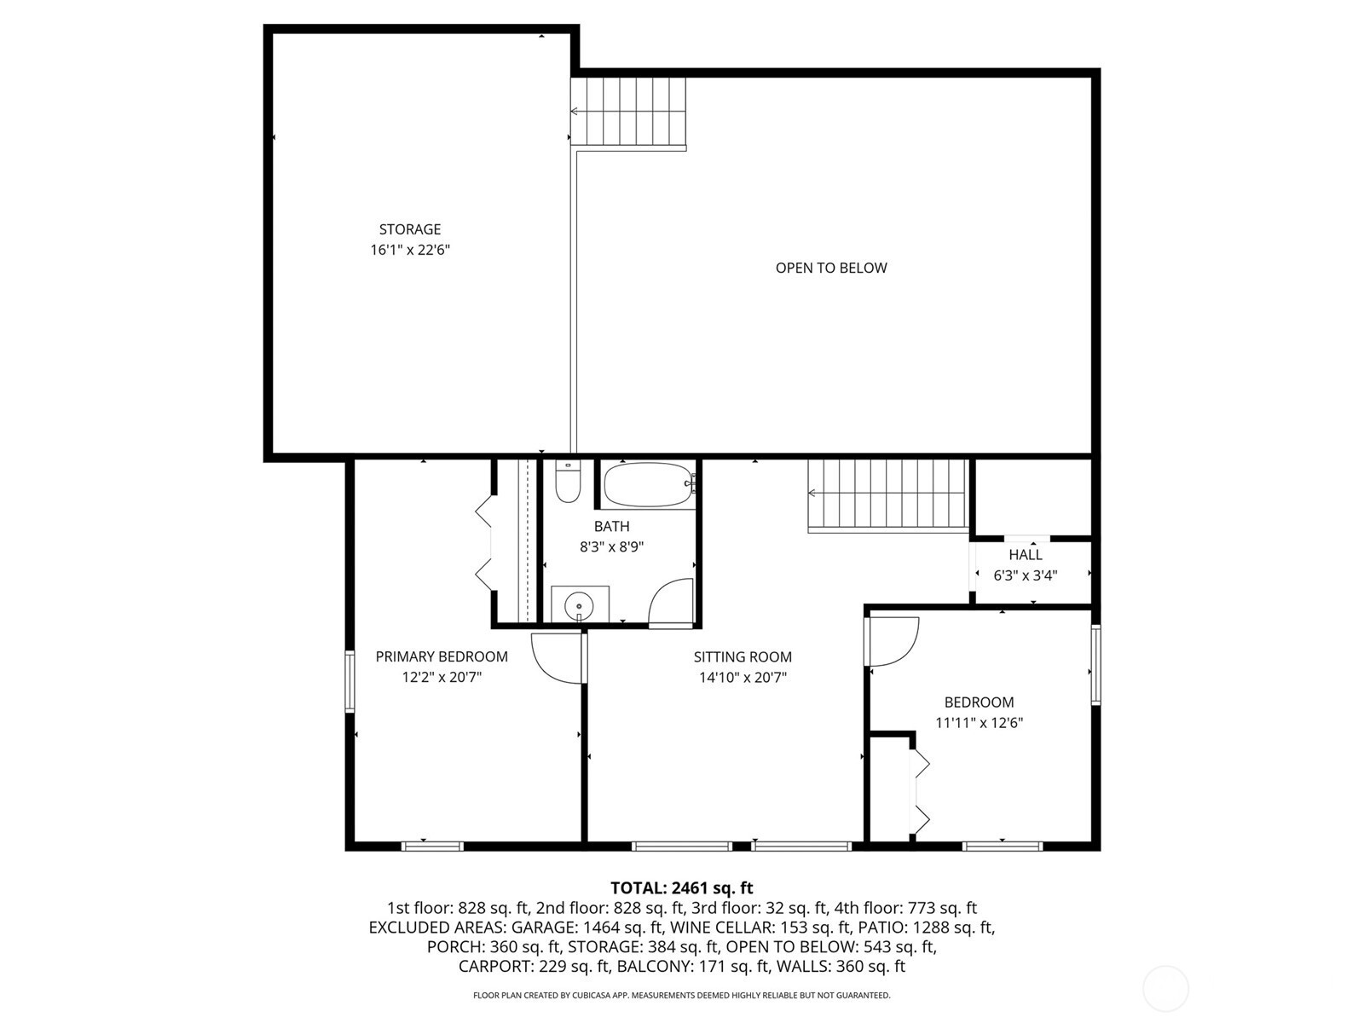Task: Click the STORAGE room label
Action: click(x=410, y=229)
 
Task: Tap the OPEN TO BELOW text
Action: click(x=831, y=268)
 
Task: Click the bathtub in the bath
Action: click(x=650, y=485)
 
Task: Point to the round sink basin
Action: click(x=579, y=605)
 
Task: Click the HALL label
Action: click(x=1026, y=555)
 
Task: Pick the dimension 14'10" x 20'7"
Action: click(x=743, y=677)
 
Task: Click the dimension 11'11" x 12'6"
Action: click(x=979, y=723)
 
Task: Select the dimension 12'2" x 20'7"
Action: click(x=442, y=677)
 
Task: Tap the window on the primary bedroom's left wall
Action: click(x=350, y=681)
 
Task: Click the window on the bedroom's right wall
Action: click(x=1096, y=664)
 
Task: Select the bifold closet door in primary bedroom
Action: click(x=484, y=542)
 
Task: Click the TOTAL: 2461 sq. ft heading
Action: click(x=682, y=887)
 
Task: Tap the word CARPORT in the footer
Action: click(x=494, y=967)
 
